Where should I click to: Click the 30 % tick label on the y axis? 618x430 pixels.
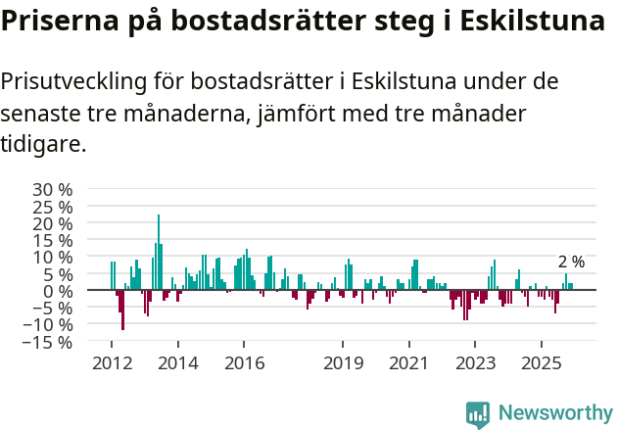(x=53, y=189)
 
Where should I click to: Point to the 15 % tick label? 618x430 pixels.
(x=53, y=240)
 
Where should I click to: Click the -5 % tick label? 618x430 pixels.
(x=51, y=309)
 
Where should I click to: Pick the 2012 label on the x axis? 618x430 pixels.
(x=112, y=363)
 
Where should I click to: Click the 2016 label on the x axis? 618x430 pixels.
(x=244, y=363)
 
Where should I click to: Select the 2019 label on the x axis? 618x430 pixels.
(x=343, y=363)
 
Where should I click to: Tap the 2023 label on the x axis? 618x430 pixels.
(x=475, y=363)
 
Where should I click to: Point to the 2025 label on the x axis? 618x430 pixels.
(x=541, y=363)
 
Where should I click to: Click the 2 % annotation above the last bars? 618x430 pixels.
(x=571, y=262)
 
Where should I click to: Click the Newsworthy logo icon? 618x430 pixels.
(x=478, y=414)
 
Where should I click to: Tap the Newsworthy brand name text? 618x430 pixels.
(x=554, y=414)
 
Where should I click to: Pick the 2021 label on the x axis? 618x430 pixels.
(x=408, y=363)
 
